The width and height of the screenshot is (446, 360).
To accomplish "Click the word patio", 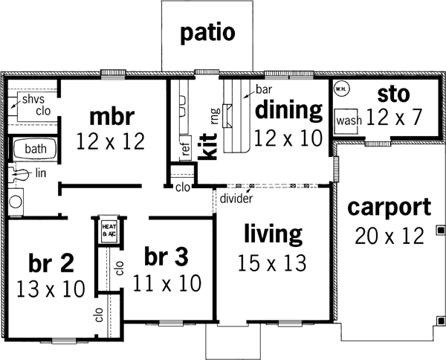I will [x=207, y=33].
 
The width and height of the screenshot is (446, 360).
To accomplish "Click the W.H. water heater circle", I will [x=340, y=89].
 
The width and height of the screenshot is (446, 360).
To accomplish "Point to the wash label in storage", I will [x=348, y=120].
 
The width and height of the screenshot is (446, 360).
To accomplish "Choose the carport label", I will [x=390, y=206].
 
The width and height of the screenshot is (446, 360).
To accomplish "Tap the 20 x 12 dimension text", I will [x=389, y=235].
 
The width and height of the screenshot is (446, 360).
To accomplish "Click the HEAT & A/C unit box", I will [x=109, y=231].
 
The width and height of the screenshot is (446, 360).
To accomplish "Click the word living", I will [x=274, y=235].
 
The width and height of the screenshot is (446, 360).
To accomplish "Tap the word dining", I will [x=288, y=111].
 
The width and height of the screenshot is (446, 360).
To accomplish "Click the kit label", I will [x=210, y=144].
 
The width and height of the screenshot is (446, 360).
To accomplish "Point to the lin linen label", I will [x=39, y=173].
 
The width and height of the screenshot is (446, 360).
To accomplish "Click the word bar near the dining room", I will [x=262, y=89].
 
